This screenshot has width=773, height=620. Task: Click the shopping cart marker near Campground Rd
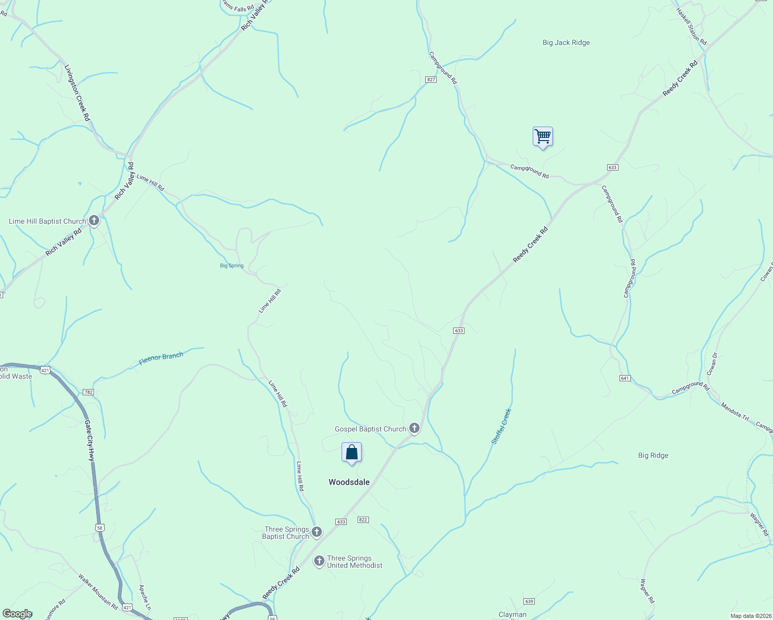click(x=543, y=137)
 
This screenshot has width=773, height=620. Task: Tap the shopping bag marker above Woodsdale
click(x=351, y=453)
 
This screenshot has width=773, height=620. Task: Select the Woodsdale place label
click(x=349, y=482)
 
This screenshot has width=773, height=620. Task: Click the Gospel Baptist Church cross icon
click(x=414, y=428)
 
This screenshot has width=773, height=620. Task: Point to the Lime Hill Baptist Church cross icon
click(x=94, y=221)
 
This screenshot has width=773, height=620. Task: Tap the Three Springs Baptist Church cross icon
click(x=317, y=532)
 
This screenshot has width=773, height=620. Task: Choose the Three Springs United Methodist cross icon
click(x=319, y=561)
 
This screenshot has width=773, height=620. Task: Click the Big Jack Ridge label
click(x=566, y=43)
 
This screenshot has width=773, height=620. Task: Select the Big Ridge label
click(x=653, y=455)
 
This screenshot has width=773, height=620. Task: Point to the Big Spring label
click(x=231, y=266)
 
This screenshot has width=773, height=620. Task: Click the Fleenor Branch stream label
click(x=161, y=359)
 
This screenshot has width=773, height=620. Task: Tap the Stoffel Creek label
click(x=501, y=426)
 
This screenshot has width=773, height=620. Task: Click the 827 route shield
click(x=431, y=80)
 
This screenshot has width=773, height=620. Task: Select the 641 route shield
click(x=625, y=378)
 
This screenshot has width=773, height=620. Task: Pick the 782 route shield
click(x=88, y=392)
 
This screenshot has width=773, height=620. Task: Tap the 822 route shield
click(x=363, y=520)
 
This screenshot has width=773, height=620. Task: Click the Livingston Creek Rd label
click(x=77, y=93)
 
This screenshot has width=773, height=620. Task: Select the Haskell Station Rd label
click(x=691, y=25)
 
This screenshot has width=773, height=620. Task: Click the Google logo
click(x=17, y=614)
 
